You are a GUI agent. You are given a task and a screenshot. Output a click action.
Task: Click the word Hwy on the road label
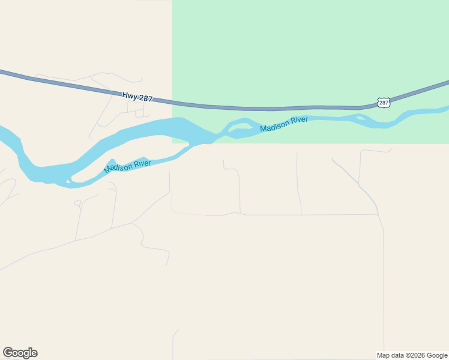pyautogui.click(x=130, y=95)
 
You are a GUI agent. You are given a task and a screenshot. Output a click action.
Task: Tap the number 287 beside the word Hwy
pyautogui.click(x=145, y=98)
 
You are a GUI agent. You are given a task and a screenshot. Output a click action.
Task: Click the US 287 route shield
pyautogui.click(x=384, y=103)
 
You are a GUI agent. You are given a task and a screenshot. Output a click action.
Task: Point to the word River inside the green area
pyautogui.click(x=298, y=120)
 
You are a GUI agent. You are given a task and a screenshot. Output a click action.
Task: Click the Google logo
pyautogui.click(x=20, y=353)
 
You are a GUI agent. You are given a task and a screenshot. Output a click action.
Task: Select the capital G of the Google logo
pyautogui.click(x=8, y=352)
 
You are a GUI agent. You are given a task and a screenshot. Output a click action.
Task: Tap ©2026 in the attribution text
pyautogui.click(x=415, y=355)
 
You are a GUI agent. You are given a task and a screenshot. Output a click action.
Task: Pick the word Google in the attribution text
pyautogui.click(x=437, y=355)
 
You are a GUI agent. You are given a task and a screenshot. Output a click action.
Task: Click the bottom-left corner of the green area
pyautogui.click(x=173, y=143)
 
